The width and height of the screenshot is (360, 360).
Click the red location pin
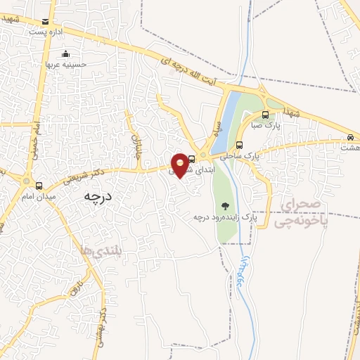[x=181, y=164]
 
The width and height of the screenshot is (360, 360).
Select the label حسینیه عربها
[x=65, y=64]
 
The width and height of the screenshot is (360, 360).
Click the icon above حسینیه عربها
[x=66, y=53]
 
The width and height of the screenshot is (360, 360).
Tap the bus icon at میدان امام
[x=38, y=186]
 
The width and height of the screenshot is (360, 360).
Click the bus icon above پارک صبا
[x=264, y=115]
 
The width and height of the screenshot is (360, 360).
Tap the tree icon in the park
[x=225, y=206]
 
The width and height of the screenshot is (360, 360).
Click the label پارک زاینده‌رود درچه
[x=226, y=217]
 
